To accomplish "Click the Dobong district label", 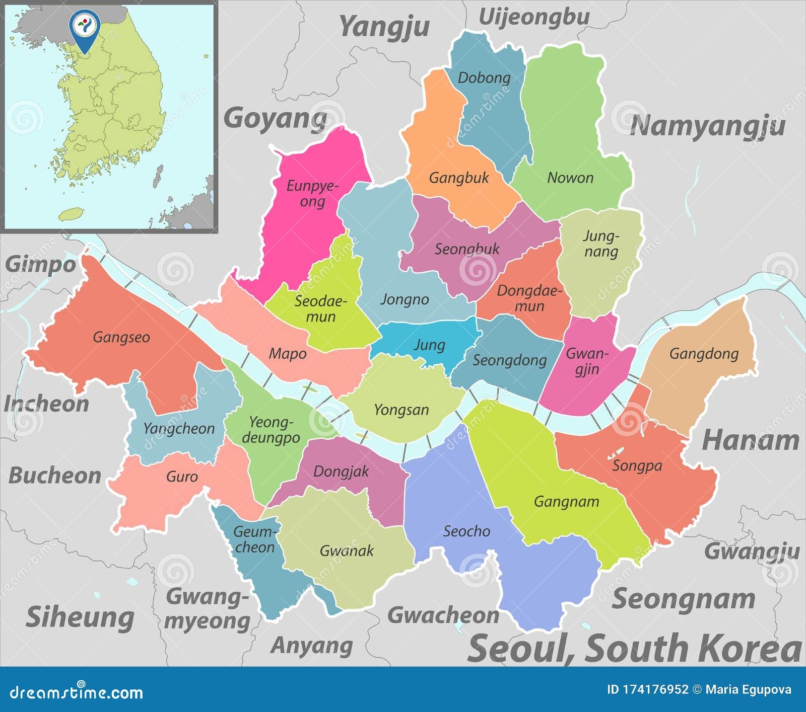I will click(484, 77).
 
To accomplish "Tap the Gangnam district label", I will click(566, 501).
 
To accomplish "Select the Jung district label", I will click(429, 345).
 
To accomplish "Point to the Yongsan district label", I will click(401, 410).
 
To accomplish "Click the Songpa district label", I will click(637, 465).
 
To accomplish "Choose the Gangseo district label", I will click(121, 337).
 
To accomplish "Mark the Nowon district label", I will click(570, 177).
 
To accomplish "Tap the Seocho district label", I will click(466, 531).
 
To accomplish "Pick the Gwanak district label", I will click(347, 550).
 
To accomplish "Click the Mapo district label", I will click(287, 353).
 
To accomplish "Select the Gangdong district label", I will click(704, 353).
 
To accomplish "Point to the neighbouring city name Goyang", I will click(275, 119).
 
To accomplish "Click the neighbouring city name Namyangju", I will click(707, 126).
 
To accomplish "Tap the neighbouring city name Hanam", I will click(750, 440).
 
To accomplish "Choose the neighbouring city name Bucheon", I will click(55, 476).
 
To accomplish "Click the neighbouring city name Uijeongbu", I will click(534, 17).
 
